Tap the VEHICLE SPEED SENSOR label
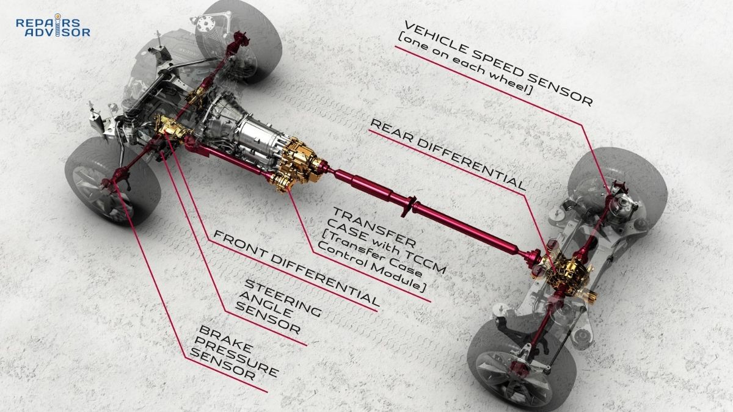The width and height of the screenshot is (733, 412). point(498,62)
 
